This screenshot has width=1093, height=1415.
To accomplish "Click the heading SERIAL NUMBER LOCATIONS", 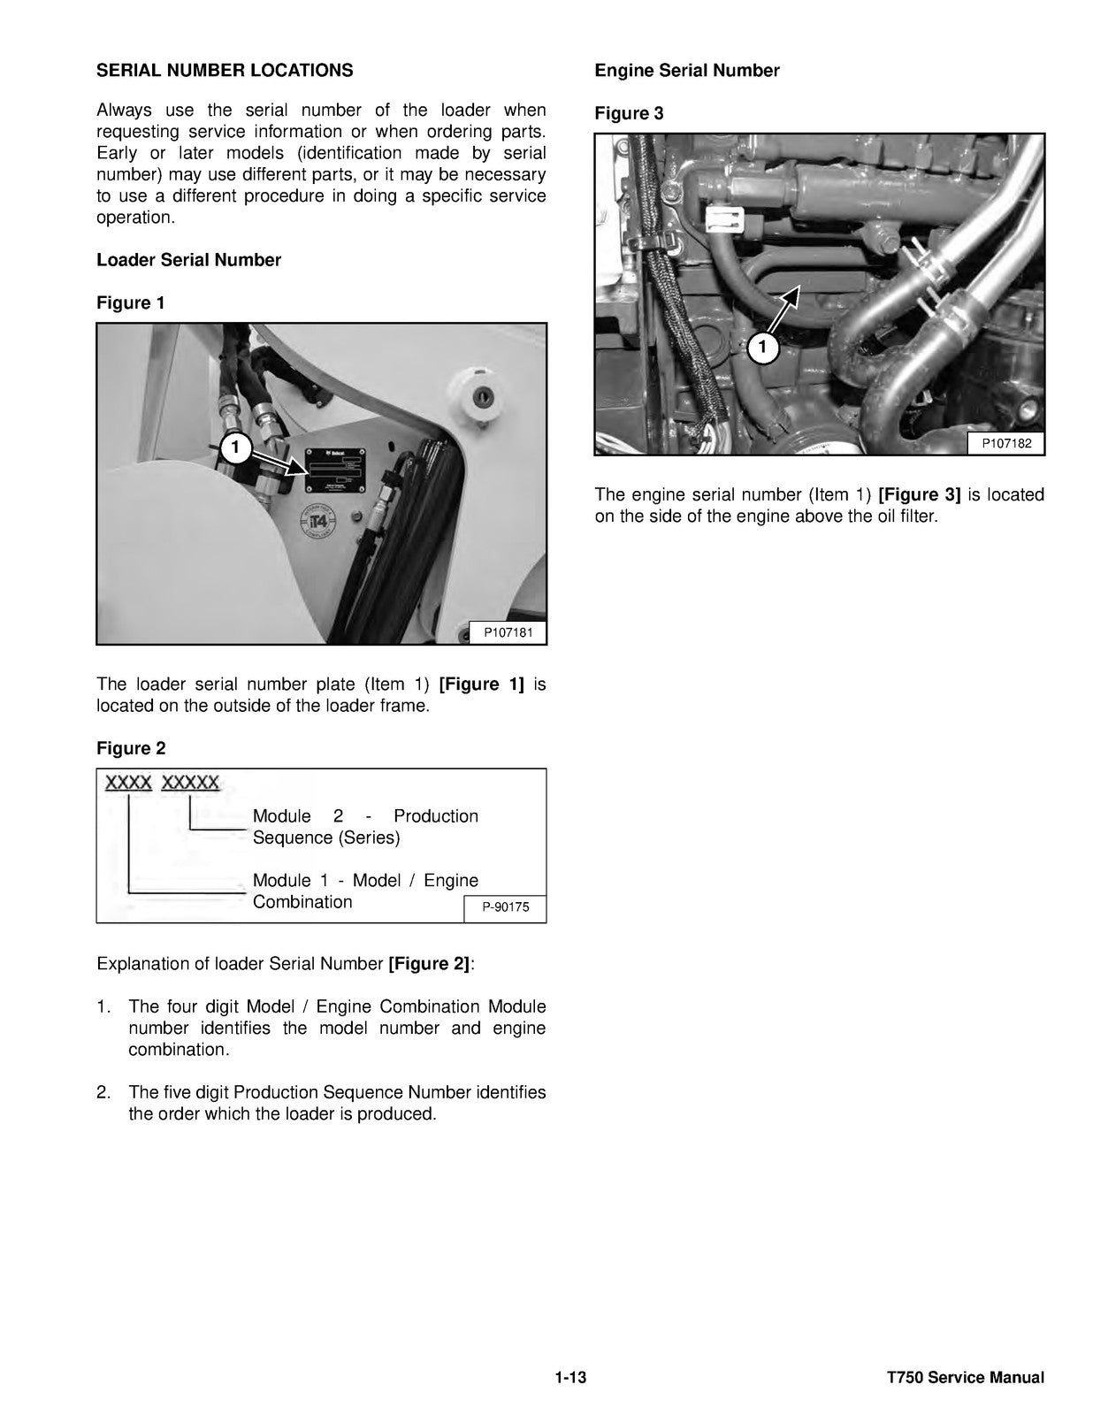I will point(225,71).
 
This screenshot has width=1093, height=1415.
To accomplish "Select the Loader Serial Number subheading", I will point(188,260).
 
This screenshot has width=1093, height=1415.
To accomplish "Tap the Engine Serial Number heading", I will point(687,71).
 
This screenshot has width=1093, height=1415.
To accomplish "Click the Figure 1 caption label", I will point(131,302).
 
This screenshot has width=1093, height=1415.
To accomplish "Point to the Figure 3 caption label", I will point(629,113).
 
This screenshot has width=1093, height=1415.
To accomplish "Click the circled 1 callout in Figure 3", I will point(763,348).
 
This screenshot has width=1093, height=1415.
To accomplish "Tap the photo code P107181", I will point(508,632).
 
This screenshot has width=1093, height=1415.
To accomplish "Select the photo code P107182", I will point(1005,443).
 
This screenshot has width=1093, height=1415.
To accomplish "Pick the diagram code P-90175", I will point(506,906).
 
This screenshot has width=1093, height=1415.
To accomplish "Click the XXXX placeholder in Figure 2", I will point(129,784).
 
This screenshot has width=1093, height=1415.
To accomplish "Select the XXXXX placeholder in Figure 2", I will point(191,784).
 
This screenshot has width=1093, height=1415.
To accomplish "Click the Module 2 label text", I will point(365,826).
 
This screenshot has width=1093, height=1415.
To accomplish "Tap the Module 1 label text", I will point(365,891).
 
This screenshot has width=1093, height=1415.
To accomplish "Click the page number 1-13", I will point(571,1377).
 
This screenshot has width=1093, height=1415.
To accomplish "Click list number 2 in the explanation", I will point(103,1092).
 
